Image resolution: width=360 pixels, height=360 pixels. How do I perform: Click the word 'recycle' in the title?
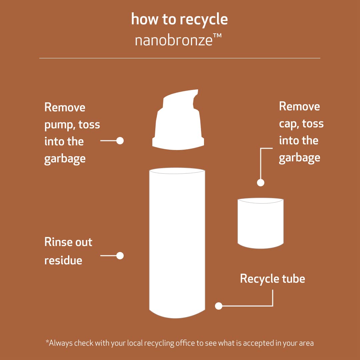(x=204, y=19)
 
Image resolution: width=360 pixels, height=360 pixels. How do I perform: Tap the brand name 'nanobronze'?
(x=174, y=40)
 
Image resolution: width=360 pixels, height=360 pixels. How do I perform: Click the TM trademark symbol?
(x=217, y=36)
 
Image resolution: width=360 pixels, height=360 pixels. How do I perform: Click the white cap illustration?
(x=260, y=223)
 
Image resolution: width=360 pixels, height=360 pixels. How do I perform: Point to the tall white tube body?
(x=177, y=243)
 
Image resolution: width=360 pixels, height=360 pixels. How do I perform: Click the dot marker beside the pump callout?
(x=120, y=141)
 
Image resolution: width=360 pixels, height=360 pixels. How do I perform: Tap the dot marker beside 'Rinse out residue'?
(x=120, y=256)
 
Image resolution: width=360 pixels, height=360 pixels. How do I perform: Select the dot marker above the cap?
(x=261, y=183)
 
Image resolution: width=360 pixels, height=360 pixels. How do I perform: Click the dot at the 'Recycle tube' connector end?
(x=219, y=306)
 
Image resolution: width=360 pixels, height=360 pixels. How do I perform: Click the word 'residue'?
(x=63, y=260)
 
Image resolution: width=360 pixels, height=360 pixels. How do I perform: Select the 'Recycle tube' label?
(x=273, y=279)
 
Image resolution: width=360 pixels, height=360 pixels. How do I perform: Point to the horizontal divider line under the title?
(x=180, y=58)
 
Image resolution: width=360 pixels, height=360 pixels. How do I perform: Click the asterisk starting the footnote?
(x=48, y=341)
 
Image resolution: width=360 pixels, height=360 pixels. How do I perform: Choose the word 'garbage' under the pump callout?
(x=65, y=159)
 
